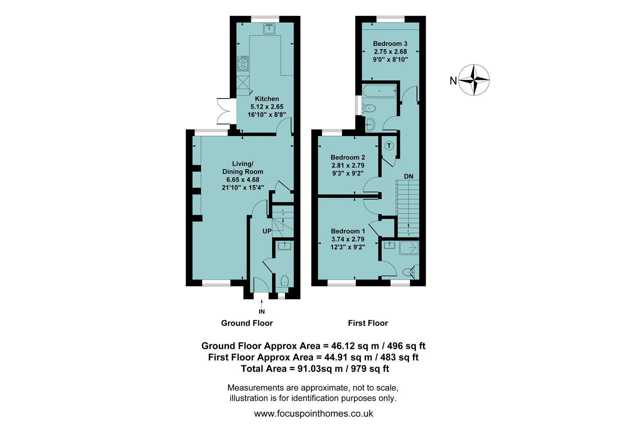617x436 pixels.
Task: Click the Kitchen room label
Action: [267, 99]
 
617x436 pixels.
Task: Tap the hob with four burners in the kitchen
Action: [243, 63]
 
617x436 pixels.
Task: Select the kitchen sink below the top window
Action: [269, 29]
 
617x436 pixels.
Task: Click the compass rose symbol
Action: [474, 80]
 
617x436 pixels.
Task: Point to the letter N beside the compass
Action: [453, 81]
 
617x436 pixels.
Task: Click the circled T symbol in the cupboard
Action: [389, 145]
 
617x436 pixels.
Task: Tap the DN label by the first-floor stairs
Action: [409, 176]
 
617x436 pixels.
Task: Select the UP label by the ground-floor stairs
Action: [267, 231]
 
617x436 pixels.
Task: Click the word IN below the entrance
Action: [262, 312]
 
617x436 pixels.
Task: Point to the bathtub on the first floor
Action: [380, 91]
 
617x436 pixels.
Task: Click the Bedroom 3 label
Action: [390, 44]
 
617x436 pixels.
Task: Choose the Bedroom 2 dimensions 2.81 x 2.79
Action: [348, 166]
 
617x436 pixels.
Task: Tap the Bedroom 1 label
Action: [348, 231]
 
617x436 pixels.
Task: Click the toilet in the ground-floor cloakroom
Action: [284, 281]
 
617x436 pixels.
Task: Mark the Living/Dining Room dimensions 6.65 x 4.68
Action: [243, 180]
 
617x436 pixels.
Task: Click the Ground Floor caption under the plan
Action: [247, 323]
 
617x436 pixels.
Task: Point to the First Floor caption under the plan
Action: [368, 323]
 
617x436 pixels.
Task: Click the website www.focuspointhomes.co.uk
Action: [313, 413]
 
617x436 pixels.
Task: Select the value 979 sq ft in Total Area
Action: [370, 369]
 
